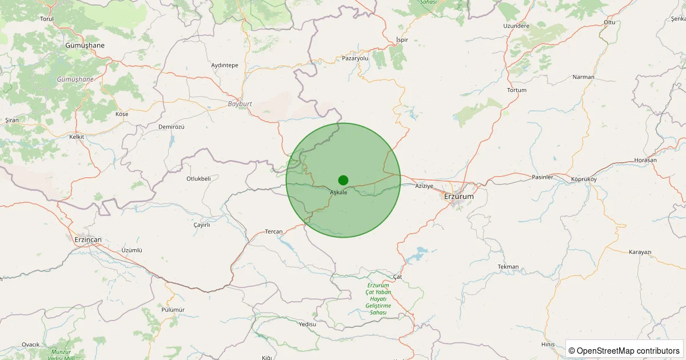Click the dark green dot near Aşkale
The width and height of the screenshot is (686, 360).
pyautogui.click(x=343, y=180)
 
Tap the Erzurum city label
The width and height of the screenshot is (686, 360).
pyautogui.click(x=459, y=197)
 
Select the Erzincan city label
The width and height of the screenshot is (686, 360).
pyautogui.click(x=87, y=239)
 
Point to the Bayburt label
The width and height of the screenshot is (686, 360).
pyautogui.click(x=240, y=104)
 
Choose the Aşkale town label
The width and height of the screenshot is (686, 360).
pyautogui.click(x=338, y=193)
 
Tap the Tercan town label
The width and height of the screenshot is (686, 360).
pyautogui.click(x=274, y=231)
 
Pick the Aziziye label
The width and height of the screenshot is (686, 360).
pyautogui.click(x=425, y=186)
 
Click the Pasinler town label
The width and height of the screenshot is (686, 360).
pyautogui.click(x=543, y=177)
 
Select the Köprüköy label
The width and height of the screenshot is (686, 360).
pyautogui.click(x=584, y=179)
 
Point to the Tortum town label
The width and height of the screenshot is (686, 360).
pyautogui.click(x=517, y=90)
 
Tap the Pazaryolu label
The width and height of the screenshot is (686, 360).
pyautogui.click(x=356, y=58)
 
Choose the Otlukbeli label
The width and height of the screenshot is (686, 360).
pyautogui.click(x=199, y=179)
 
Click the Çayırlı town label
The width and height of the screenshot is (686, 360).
pyautogui.click(x=202, y=225)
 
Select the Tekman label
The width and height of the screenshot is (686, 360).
pyautogui.click(x=508, y=267)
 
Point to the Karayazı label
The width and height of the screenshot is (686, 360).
pyautogui.click(x=640, y=252)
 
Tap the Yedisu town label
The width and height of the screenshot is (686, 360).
pyautogui.click(x=307, y=324)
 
